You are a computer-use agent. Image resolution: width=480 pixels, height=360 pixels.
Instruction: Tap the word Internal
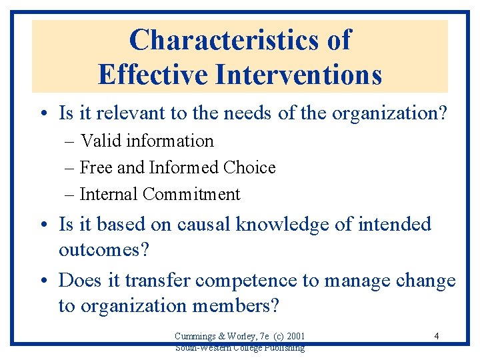[109, 194]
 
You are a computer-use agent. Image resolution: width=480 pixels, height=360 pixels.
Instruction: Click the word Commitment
[191, 194]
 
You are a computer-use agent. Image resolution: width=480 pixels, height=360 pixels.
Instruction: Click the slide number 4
[436, 336]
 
